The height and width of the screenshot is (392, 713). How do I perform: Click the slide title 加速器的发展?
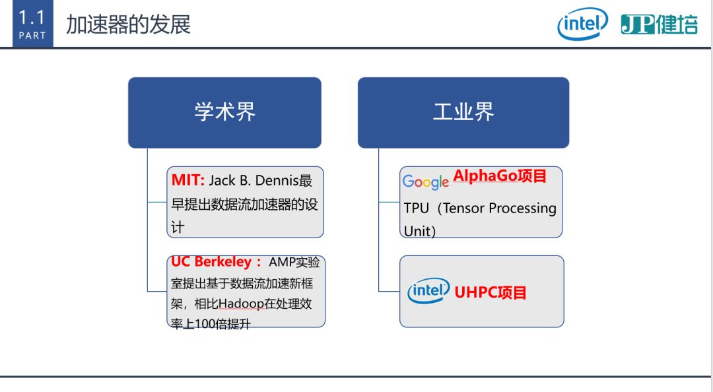128,24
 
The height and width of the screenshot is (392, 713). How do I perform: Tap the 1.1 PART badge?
33,23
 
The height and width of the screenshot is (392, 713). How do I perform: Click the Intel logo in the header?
582,24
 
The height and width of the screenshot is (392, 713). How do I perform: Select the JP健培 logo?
659,24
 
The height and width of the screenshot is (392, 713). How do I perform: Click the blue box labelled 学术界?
224,112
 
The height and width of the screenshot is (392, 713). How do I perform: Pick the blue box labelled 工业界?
463,112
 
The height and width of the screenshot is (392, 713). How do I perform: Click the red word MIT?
187,180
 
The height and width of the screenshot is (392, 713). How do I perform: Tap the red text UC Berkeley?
211,261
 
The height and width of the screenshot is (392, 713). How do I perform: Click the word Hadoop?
241,304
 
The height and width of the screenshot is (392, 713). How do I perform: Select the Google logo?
426,182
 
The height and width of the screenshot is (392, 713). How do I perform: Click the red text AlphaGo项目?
500,176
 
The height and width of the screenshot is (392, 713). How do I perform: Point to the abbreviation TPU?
416,209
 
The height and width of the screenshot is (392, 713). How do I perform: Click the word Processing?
522,209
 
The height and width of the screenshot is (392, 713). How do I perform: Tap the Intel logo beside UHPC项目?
428,290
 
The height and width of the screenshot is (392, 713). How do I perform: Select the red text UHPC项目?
490,292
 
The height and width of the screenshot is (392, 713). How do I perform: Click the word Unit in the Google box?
417,231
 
